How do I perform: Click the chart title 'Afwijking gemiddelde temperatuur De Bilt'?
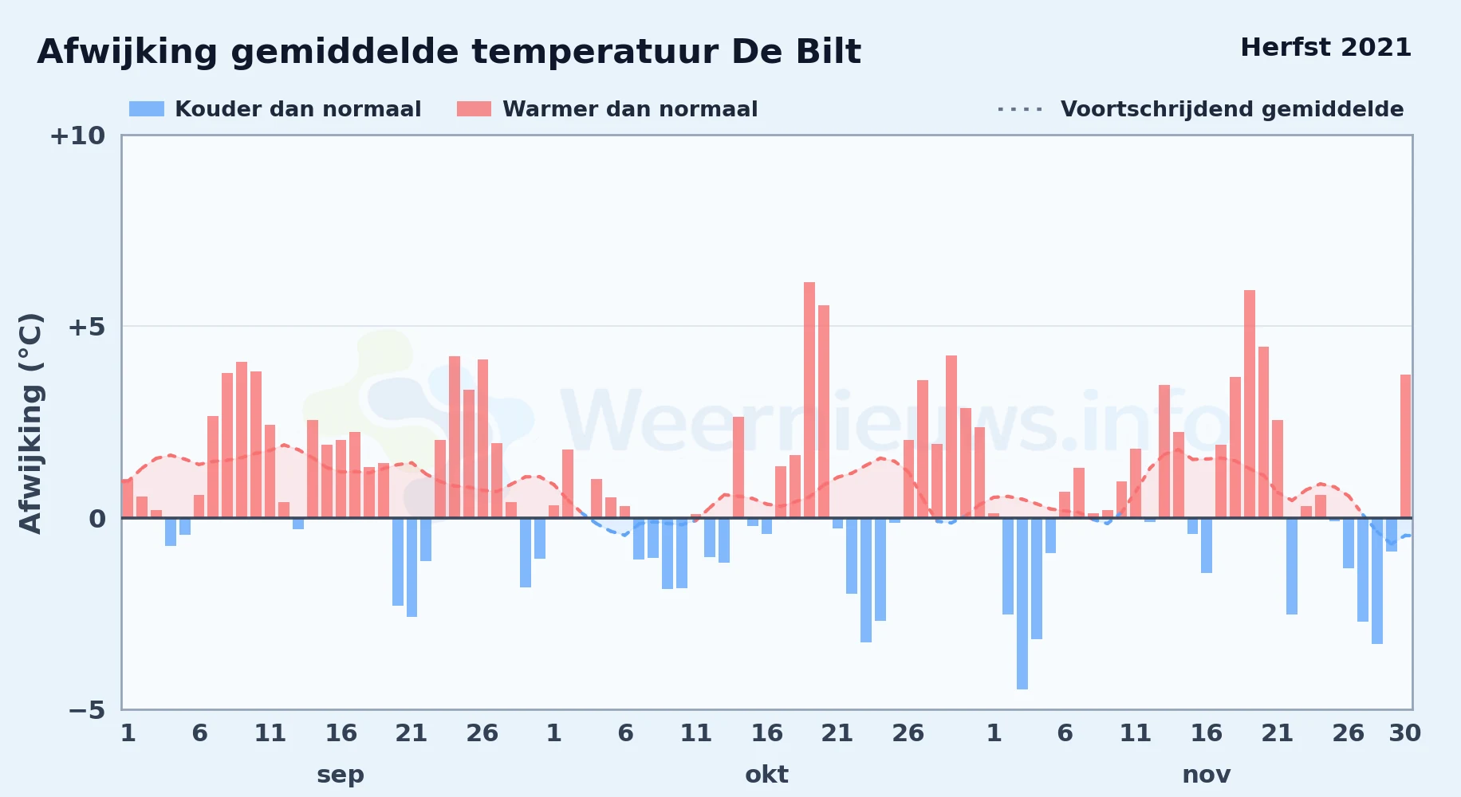pyautogui.click(x=449, y=53)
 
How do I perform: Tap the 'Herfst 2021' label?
pyautogui.click(x=1325, y=48)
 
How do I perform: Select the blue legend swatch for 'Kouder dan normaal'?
pyautogui.click(x=147, y=109)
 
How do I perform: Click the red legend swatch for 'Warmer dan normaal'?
pyautogui.click(x=474, y=109)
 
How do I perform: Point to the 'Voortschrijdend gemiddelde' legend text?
pyautogui.click(x=1232, y=109)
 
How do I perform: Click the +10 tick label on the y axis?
pyautogui.click(x=77, y=136)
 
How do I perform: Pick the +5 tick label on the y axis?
pyautogui.click(x=86, y=327)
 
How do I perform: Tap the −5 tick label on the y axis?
pyautogui.click(x=86, y=710)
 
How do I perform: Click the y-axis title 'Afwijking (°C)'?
pyautogui.click(x=30, y=423)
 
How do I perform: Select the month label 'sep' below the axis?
pyautogui.click(x=341, y=775)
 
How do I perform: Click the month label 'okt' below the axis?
pyautogui.click(x=766, y=775)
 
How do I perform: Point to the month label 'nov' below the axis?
pyautogui.click(x=1206, y=775)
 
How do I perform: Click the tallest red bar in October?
pyautogui.click(x=809, y=400)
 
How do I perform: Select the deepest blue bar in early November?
pyautogui.click(x=1022, y=603)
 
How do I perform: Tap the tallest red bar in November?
pyautogui.click(x=1250, y=404)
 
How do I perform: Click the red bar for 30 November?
pyautogui.click(x=1405, y=446)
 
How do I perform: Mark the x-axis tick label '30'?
pyautogui.click(x=1404, y=733)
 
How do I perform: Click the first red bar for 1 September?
pyautogui.click(x=128, y=499)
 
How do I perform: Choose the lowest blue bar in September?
pyautogui.click(x=412, y=567)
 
